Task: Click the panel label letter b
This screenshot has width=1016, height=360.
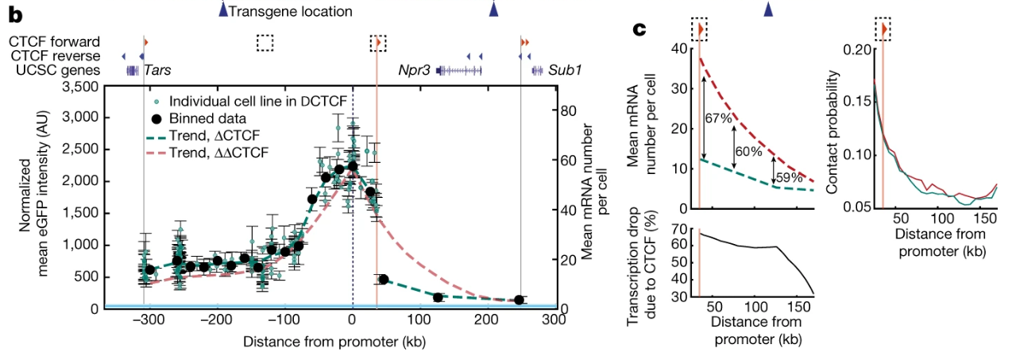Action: tap(14, 13)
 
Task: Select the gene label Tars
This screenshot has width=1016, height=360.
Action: tap(157, 71)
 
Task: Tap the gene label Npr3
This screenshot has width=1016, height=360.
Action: tap(414, 71)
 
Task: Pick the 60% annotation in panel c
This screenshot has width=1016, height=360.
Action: tap(748, 151)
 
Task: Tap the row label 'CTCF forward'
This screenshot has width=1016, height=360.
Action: tap(55, 41)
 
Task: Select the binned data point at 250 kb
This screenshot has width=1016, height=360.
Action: tap(520, 300)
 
